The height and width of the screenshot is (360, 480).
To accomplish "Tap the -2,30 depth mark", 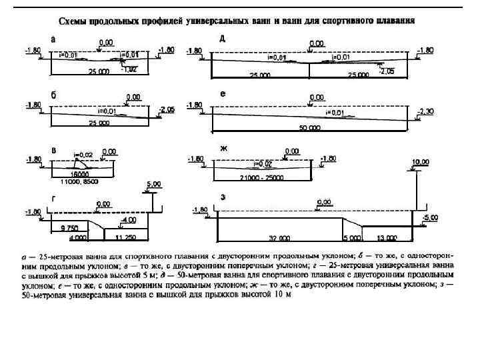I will coord(425,111).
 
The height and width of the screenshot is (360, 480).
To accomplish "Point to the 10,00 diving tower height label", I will coord(420,162).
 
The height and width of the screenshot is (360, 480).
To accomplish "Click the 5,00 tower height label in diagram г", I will coord(153,184).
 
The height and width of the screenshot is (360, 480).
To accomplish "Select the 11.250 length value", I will coord(124,237).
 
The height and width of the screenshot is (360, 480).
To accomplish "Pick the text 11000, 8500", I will coord(79,180).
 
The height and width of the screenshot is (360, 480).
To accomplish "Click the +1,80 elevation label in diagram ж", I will coord(328,158).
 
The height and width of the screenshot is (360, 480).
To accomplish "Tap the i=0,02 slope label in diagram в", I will coord(81,153).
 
